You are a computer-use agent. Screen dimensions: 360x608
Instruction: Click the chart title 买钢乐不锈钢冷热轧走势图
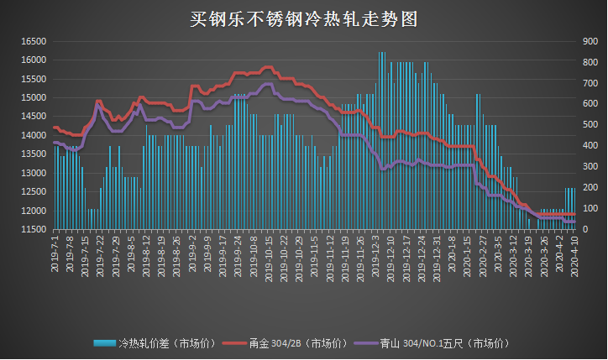click(303, 18)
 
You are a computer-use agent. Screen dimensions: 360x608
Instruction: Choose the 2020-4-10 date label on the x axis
click(574, 251)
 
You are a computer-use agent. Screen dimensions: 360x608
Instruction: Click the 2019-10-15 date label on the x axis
click(269, 252)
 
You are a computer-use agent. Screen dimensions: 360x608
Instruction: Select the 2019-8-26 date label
click(177, 251)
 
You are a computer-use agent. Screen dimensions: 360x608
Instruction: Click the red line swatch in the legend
click(238, 343)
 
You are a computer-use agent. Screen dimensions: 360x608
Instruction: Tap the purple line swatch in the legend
click(365, 343)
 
